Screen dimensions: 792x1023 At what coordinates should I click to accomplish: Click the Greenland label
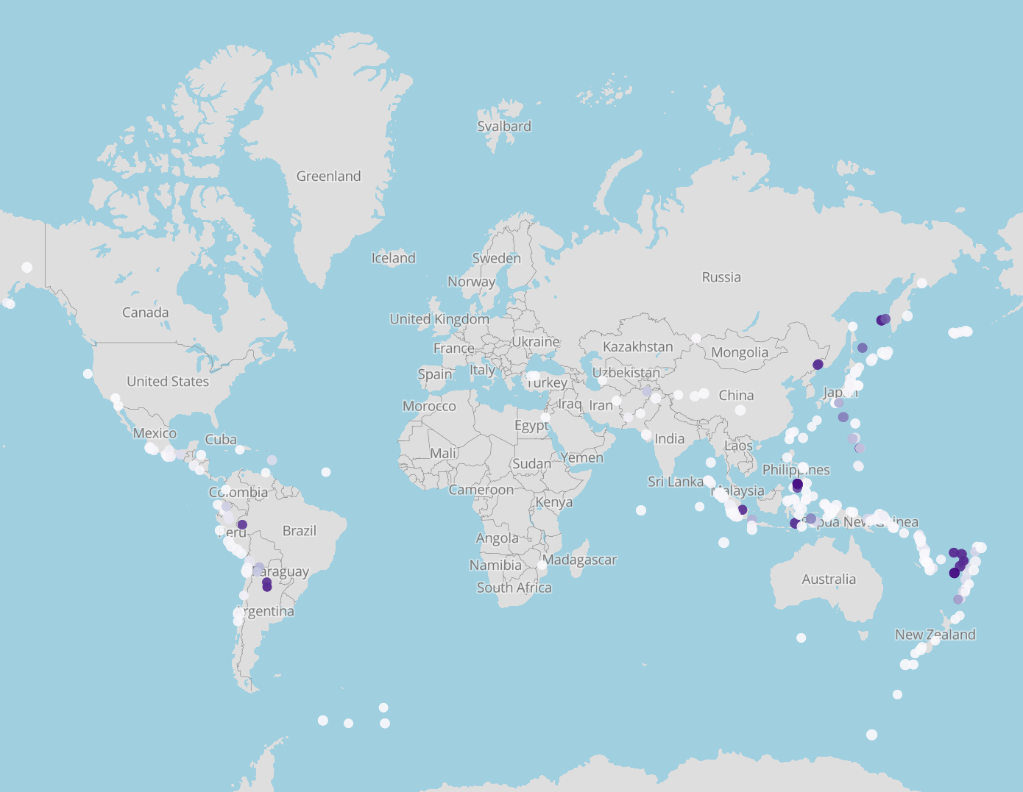click(328, 176)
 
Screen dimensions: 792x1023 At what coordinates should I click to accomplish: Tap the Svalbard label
click(504, 126)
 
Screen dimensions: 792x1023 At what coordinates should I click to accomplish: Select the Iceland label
click(393, 258)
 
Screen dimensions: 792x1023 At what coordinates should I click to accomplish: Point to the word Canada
click(145, 313)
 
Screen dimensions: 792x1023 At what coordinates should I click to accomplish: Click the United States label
click(168, 382)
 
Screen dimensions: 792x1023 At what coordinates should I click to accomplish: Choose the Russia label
click(721, 277)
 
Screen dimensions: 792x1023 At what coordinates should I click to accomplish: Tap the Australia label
click(829, 579)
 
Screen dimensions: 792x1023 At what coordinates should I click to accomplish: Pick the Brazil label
click(299, 531)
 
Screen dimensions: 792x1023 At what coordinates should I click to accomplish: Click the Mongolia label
click(739, 352)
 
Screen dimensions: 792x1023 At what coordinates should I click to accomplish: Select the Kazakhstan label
click(637, 346)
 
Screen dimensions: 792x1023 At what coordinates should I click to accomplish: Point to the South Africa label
click(514, 588)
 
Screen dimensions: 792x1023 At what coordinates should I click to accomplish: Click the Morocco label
click(429, 407)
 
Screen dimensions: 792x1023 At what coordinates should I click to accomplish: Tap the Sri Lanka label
click(675, 482)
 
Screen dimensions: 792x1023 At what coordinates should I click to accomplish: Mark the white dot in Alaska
click(27, 268)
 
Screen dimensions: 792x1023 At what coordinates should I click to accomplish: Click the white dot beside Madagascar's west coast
click(542, 566)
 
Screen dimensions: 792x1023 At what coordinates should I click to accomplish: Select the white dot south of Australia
click(801, 638)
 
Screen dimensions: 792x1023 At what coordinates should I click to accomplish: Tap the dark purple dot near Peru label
click(242, 524)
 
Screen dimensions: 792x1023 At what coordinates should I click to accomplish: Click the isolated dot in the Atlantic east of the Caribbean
click(326, 472)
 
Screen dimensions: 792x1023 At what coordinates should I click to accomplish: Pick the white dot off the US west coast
click(88, 374)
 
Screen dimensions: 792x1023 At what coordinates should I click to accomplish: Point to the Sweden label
click(496, 258)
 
